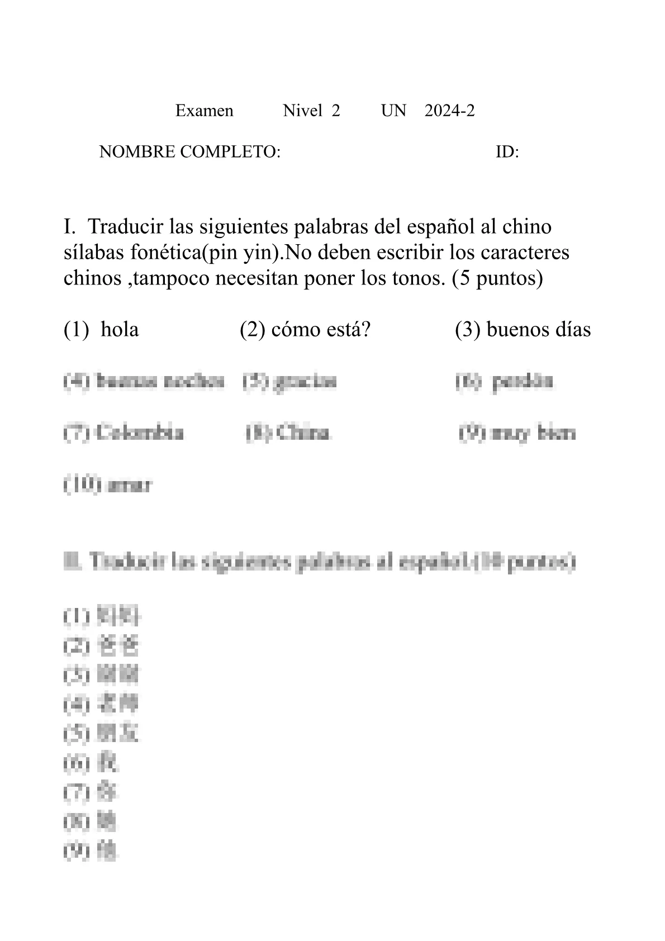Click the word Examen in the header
(x=204, y=111)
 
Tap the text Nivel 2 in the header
(x=311, y=111)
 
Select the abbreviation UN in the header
(x=393, y=111)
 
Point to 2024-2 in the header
(x=449, y=111)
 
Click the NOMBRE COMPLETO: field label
(x=189, y=151)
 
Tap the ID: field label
(x=507, y=151)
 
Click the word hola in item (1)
(x=120, y=330)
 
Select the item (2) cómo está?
(x=305, y=330)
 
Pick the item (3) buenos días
(x=522, y=330)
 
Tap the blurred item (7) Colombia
(x=123, y=433)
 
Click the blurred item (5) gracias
(x=290, y=381)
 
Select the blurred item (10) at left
(x=107, y=484)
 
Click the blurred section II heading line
(x=319, y=562)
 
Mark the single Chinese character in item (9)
(x=107, y=851)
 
